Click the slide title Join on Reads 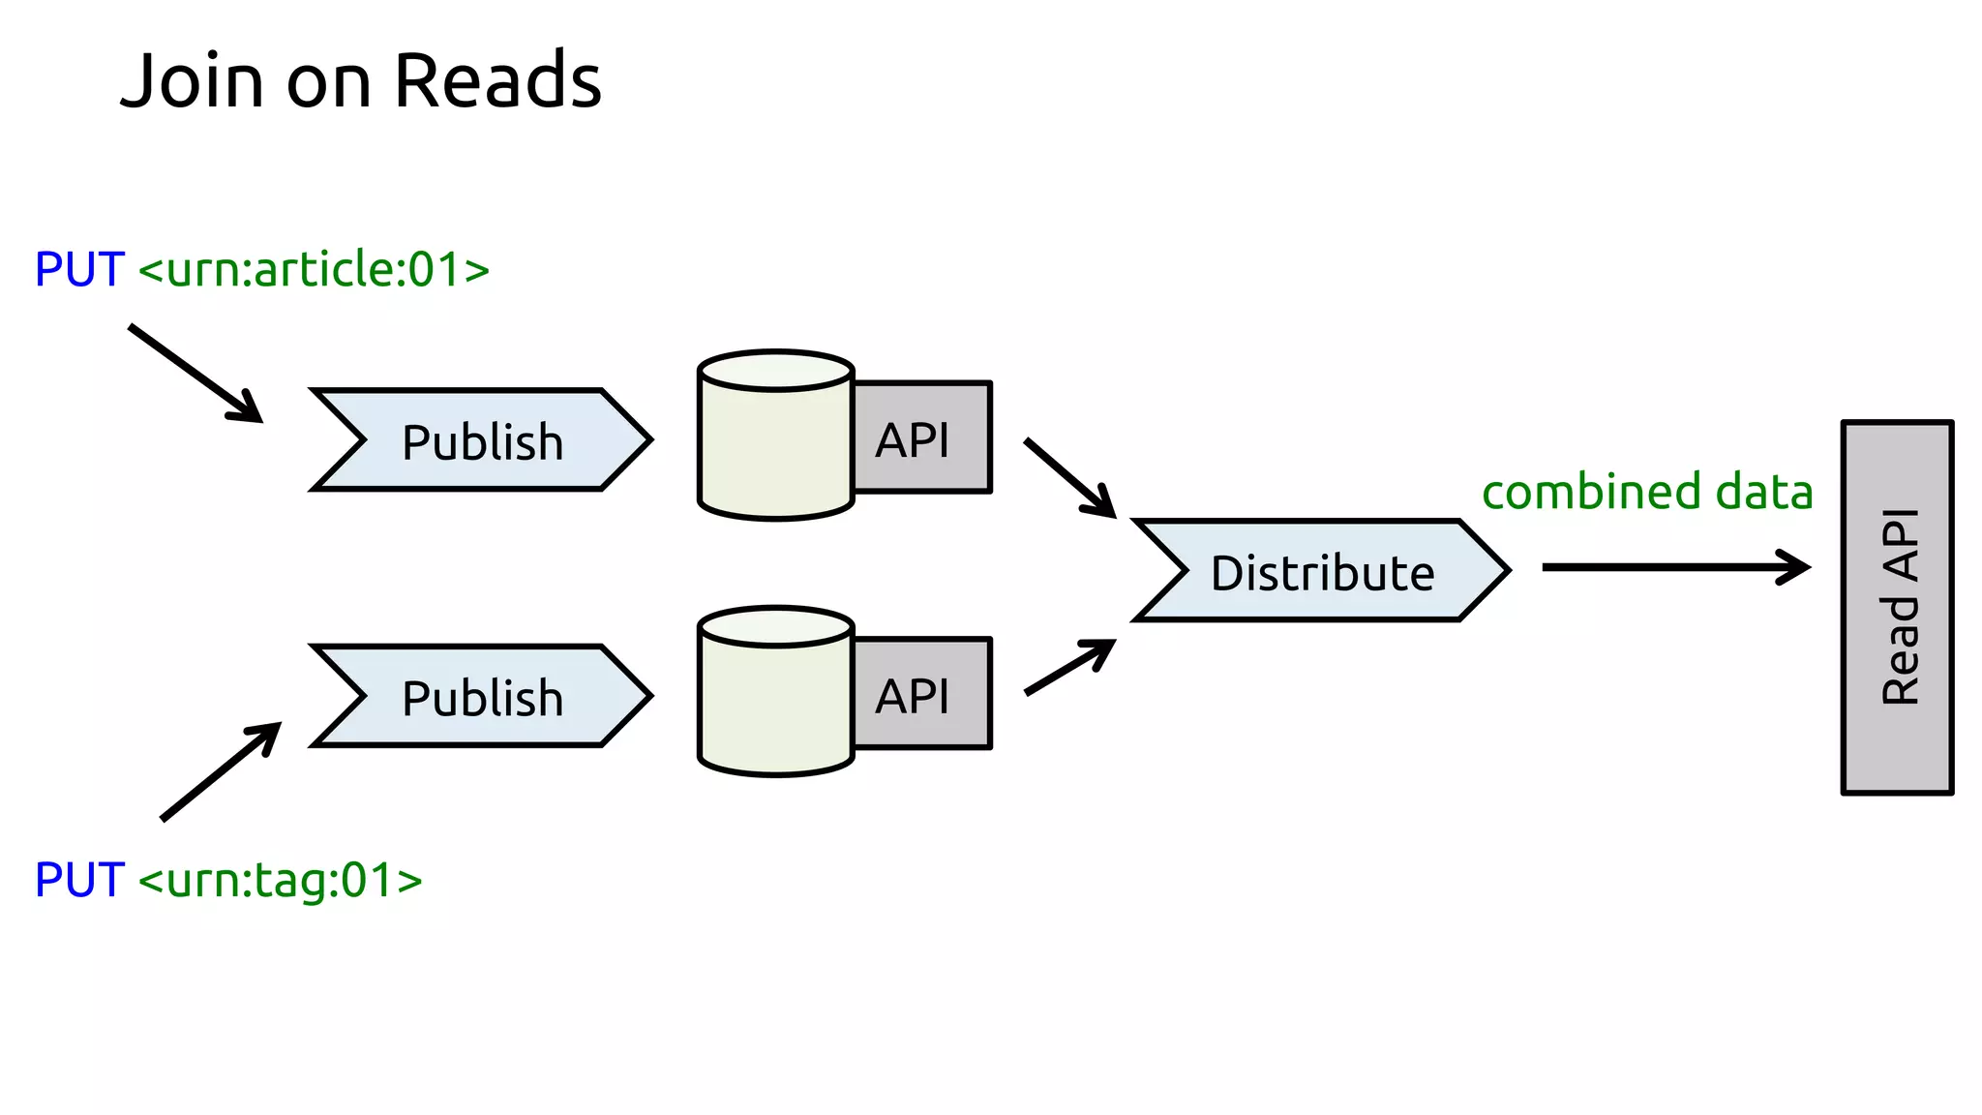click(x=360, y=80)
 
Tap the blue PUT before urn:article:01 click(x=79, y=269)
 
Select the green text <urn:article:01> click(x=314, y=269)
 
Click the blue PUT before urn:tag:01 click(x=79, y=880)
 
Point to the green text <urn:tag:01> click(x=281, y=880)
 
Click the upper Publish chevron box click(x=481, y=441)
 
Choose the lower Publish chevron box click(x=481, y=697)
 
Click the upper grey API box click(x=921, y=437)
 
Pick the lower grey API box click(x=921, y=694)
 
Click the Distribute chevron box click(x=1321, y=571)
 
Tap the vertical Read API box click(x=1897, y=608)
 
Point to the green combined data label click(x=1647, y=492)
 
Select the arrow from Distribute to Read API click(x=1674, y=567)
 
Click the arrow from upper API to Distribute click(x=1068, y=477)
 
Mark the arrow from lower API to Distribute click(x=1068, y=668)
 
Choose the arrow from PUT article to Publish click(x=195, y=373)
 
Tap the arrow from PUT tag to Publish click(x=221, y=771)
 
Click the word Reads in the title click(x=497, y=80)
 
